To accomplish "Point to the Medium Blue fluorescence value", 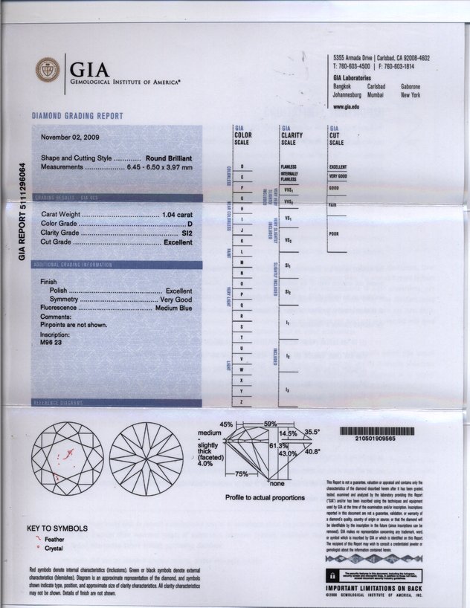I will point(174,308).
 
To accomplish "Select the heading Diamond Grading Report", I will point(77,116).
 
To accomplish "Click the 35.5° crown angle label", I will point(311,432).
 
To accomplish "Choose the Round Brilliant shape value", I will point(170,159).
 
